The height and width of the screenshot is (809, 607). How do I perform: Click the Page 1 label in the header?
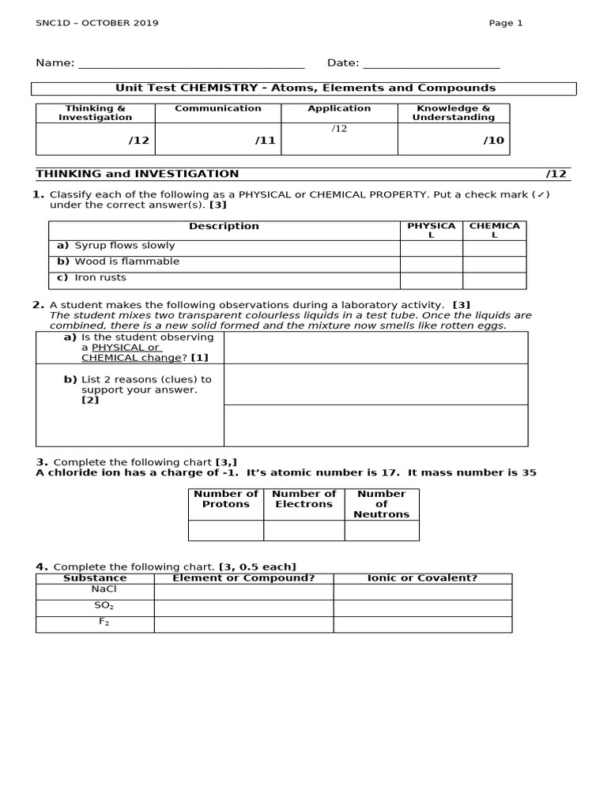pyautogui.click(x=506, y=23)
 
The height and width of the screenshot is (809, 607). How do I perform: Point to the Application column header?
pyautogui.click(x=339, y=108)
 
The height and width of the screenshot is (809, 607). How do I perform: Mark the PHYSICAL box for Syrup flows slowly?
pyautogui.click(x=431, y=248)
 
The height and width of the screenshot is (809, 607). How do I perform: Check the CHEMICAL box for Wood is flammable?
pyautogui.click(x=494, y=264)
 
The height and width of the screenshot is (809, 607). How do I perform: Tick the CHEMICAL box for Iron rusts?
pyautogui.click(x=494, y=280)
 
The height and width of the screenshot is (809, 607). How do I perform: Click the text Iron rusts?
pyautogui.click(x=100, y=278)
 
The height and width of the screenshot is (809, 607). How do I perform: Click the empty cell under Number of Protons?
pyautogui.click(x=225, y=531)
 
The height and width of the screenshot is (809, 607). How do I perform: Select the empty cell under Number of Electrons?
pyautogui.click(x=304, y=531)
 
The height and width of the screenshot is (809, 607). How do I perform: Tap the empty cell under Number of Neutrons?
pyautogui.click(x=382, y=531)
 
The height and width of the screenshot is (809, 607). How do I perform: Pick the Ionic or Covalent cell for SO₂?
pyautogui.click(x=422, y=608)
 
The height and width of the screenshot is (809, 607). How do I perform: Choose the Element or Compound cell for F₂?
pyautogui.click(x=243, y=624)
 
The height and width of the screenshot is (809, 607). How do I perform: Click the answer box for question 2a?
pyautogui.click(x=375, y=348)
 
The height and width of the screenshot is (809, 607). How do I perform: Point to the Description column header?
pyautogui.click(x=224, y=227)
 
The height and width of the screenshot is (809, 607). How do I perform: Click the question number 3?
pyautogui.click(x=42, y=462)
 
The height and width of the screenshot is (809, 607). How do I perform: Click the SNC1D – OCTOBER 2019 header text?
pyautogui.click(x=97, y=23)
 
